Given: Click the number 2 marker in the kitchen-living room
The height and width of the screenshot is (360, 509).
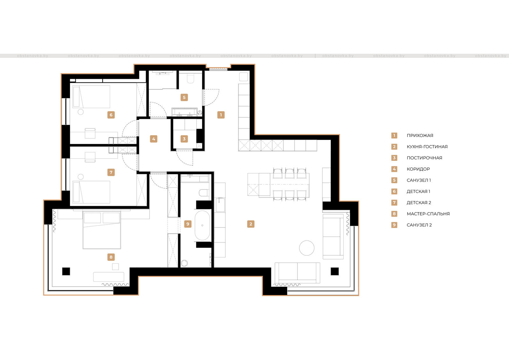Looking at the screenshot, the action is [251, 224].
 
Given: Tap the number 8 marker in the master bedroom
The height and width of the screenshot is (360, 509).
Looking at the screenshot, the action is [111, 257].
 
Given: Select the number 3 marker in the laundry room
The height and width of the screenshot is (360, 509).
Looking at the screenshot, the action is [184, 139].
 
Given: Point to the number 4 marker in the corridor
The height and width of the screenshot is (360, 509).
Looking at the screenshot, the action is [154, 139].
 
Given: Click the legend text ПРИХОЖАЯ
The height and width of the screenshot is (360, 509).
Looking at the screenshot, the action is [420, 135].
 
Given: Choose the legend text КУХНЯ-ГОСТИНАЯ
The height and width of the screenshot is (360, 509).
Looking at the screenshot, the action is [427, 147].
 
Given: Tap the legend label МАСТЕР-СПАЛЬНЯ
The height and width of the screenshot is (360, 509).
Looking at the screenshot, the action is [428, 214].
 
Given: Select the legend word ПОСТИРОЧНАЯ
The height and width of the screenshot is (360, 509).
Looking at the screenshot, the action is [424, 158].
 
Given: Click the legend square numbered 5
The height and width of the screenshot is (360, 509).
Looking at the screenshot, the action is [394, 180].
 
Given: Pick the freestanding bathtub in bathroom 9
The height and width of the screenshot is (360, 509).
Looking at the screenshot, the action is [202, 225].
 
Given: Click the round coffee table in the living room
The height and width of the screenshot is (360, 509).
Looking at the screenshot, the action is [307, 248].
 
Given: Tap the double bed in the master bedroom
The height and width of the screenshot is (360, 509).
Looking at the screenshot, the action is [101, 230].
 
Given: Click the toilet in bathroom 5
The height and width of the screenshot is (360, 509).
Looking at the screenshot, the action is [191, 79].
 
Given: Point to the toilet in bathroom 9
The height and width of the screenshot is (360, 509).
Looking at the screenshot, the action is [204, 193].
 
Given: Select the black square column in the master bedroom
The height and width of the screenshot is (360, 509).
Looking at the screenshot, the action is [66, 271].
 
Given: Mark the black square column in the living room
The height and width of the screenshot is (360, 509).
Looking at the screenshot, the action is [334, 271].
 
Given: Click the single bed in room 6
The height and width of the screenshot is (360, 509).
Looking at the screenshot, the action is [91, 97].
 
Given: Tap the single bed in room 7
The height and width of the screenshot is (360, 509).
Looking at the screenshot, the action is [91, 192].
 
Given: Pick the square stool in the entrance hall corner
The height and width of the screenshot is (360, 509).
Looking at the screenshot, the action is [244, 77].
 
